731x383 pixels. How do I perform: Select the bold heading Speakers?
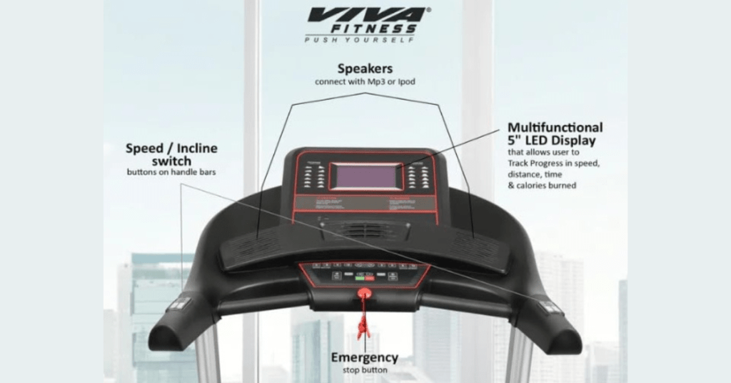pyautogui.click(x=365, y=69)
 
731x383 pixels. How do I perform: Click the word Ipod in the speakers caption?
pyautogui.click(x=405, y=82)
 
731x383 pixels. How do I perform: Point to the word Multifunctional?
pyautogui.click(x=555, y=128)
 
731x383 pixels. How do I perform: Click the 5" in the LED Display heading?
pyautogui.click(x=515, y=141)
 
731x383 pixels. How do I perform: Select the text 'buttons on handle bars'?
pyautogui.click(x=171, y=172)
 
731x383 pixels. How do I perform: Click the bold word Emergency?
pyautogui.click(x=364, y=357)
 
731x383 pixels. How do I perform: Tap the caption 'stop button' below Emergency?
pyautogui.click(x=364, y=370)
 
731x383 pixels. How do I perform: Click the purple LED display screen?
pyautogui.click(x=366, y=176)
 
